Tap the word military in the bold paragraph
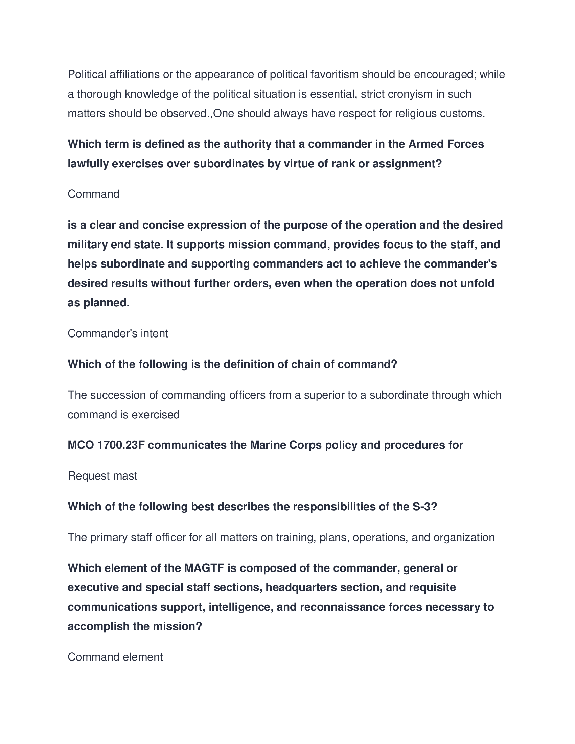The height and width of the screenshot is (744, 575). click(88, 245)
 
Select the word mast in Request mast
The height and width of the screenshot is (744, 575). click(126, 476)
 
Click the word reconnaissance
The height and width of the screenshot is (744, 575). click(343, 607)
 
